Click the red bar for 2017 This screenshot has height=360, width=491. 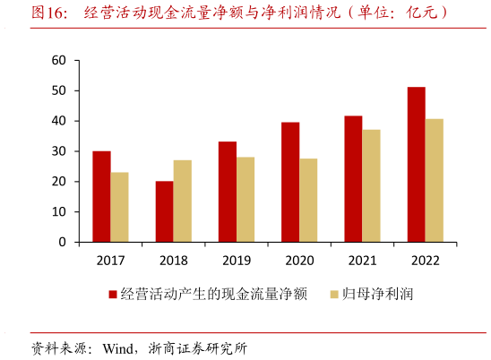[x=101, y=197]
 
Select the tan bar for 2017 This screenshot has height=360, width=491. [x=119, y=207]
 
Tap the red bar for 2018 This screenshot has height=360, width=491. [x=164, y=211]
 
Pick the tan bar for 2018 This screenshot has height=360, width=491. [x=182, y=201]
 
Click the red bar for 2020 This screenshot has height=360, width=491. [x=290, y=182]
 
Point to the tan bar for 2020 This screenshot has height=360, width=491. [x=308, y=201]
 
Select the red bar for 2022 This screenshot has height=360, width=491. [x=416, y=165]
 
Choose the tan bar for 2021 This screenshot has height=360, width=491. [x=371, y=186]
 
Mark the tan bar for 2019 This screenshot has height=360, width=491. [x=245, y=200]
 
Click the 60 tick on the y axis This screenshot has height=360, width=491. [x=60, y=61]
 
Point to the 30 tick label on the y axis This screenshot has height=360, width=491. [x=60, y=151]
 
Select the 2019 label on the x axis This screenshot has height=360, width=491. [x=236, y=261]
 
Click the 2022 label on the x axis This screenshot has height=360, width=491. [x=425, y=261]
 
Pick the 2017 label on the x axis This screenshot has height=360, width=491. [x=110, y=261]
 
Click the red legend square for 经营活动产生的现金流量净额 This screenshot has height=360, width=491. [x=112, y=294]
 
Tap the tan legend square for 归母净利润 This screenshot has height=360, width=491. [x=333, y=294]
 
